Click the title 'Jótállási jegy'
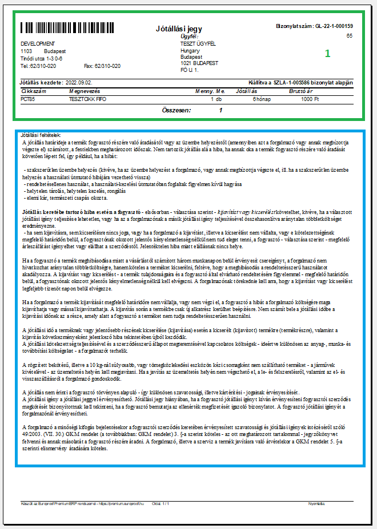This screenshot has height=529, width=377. pyautogui.click(x=179, y=29)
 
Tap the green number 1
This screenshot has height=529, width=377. pyautogui.click(x=327, y=53)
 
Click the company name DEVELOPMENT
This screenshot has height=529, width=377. pyautogui.click(x=38, y=44)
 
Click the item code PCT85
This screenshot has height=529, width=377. pyautogui.click(x=28, y=99)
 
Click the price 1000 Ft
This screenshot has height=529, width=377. pyautogui.click(x=310, y=99)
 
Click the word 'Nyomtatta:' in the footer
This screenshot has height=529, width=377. pyautogui.click(x=316, y=503)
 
